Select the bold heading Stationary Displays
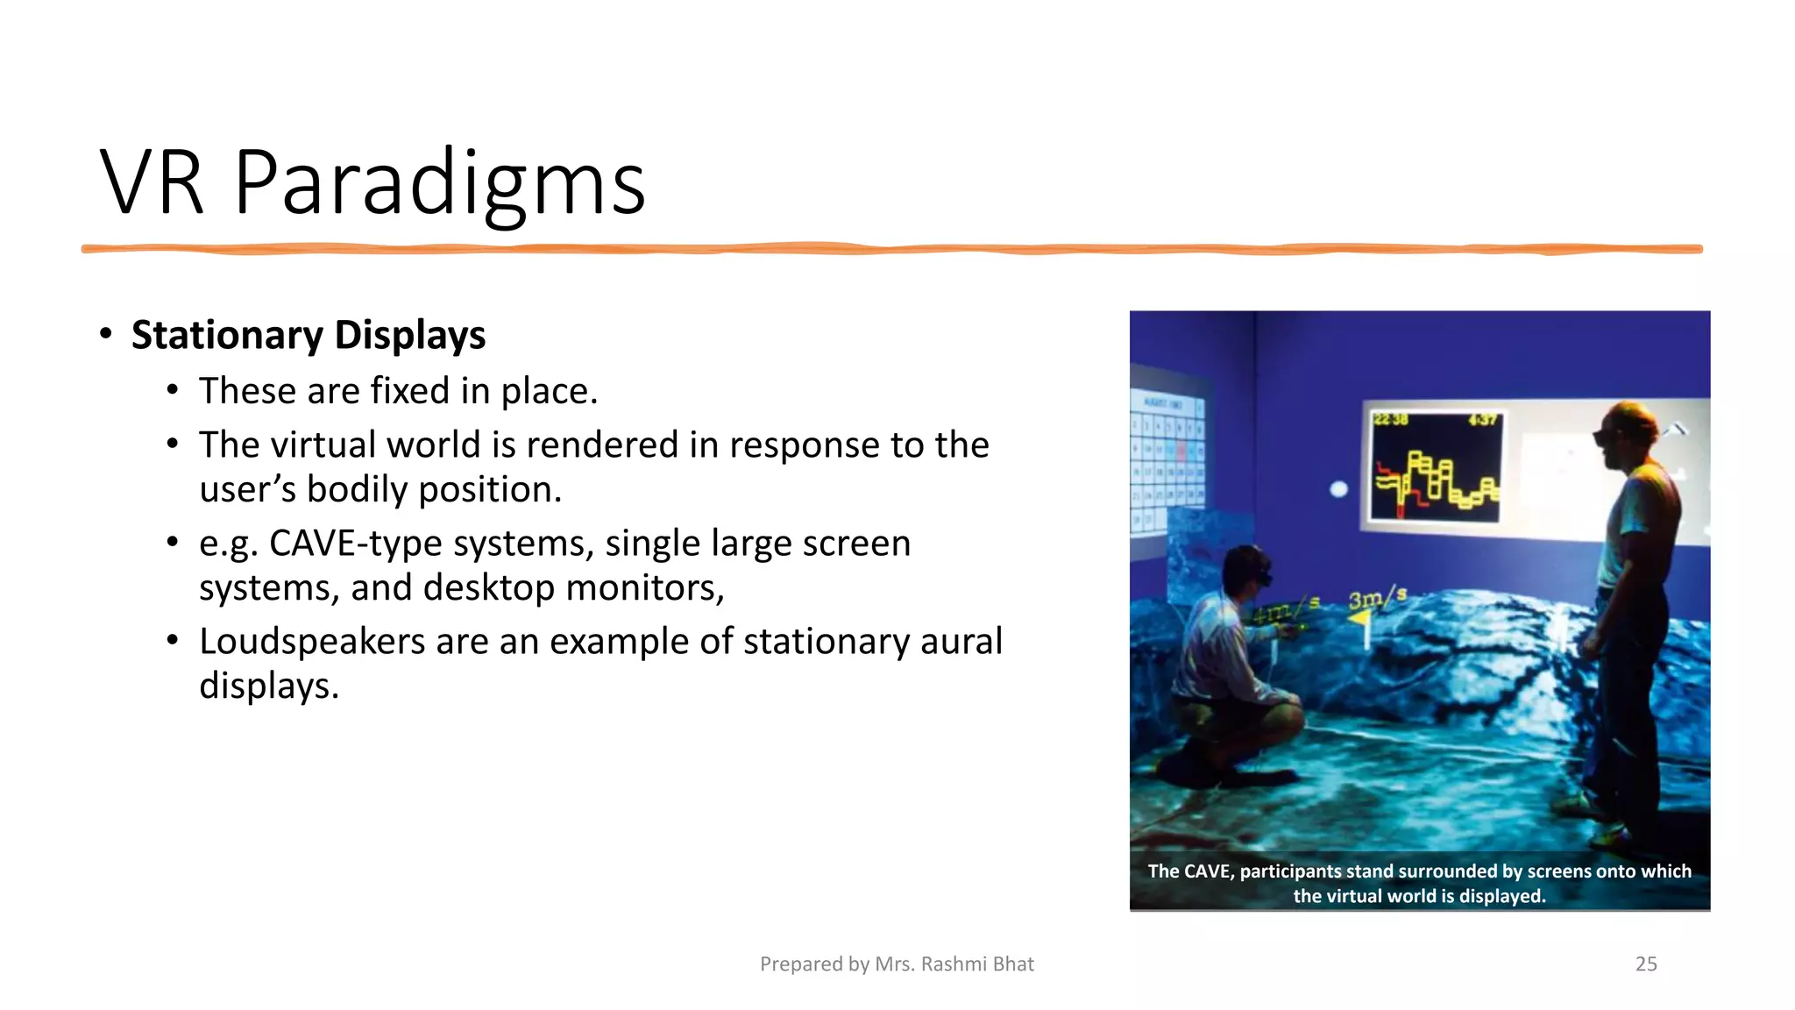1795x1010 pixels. click(x=308, y=335)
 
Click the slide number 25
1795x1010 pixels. click(x=1646, y=964)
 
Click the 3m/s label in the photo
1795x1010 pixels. click(x=1377, y=599)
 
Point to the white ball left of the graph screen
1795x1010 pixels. click(x=1338, y=489)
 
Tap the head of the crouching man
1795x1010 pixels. click(x=1245, y=565)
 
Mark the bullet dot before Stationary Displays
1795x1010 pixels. click(x=106, y=334)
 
